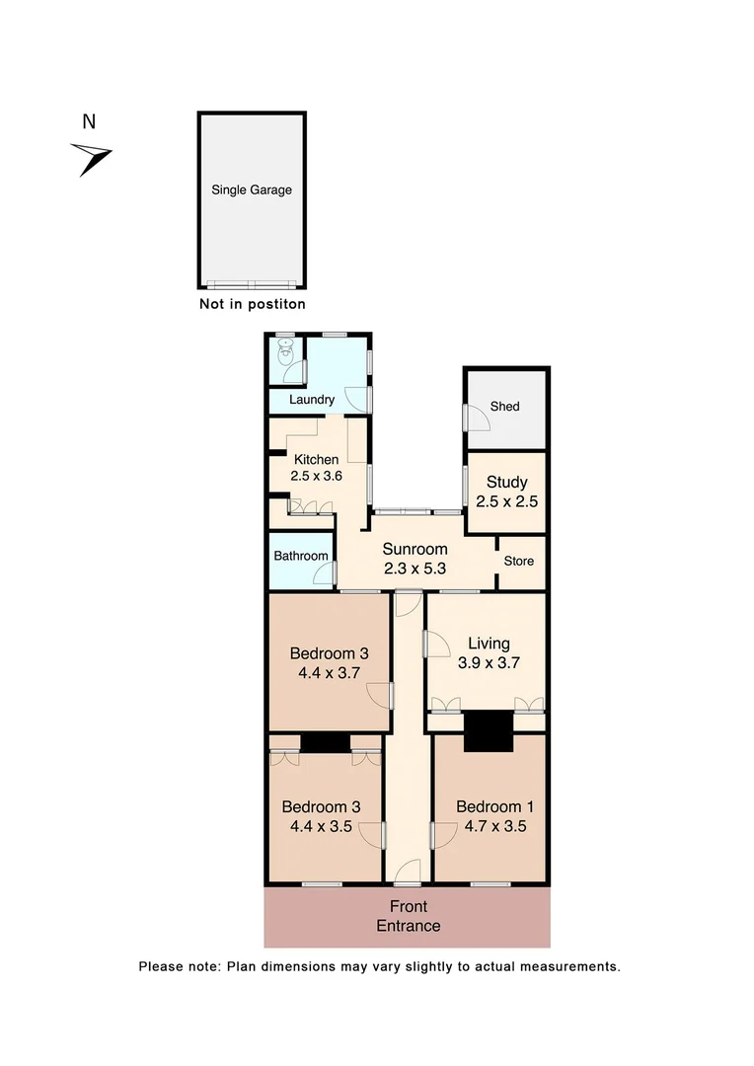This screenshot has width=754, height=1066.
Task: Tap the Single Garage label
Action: point(251,190)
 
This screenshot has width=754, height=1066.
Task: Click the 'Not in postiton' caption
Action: point(252,304)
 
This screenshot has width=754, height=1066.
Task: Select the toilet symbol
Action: point(286,351)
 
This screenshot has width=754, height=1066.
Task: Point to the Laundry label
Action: point(311,400)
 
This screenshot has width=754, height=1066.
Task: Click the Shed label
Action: point(504,407)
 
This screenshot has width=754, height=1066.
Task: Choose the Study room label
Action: point(506,483)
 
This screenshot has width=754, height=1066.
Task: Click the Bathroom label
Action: point(301,556)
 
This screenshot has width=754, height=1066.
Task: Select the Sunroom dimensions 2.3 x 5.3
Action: point(415,569)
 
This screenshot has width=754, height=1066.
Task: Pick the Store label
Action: point(519,561)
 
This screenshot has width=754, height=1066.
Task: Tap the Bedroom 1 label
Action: point(489,806)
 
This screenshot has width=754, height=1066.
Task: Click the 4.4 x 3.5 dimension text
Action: point(321,827)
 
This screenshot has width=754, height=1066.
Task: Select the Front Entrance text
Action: point(408,916)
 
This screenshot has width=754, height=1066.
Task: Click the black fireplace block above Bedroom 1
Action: point(489,731)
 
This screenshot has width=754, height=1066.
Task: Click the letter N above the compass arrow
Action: point(89,122)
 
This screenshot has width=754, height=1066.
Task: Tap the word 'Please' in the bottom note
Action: point(160,966)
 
